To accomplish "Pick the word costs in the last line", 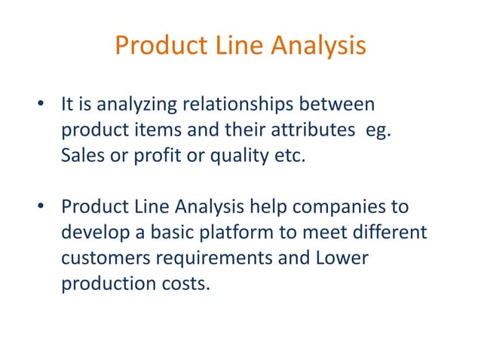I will (182, 285).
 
